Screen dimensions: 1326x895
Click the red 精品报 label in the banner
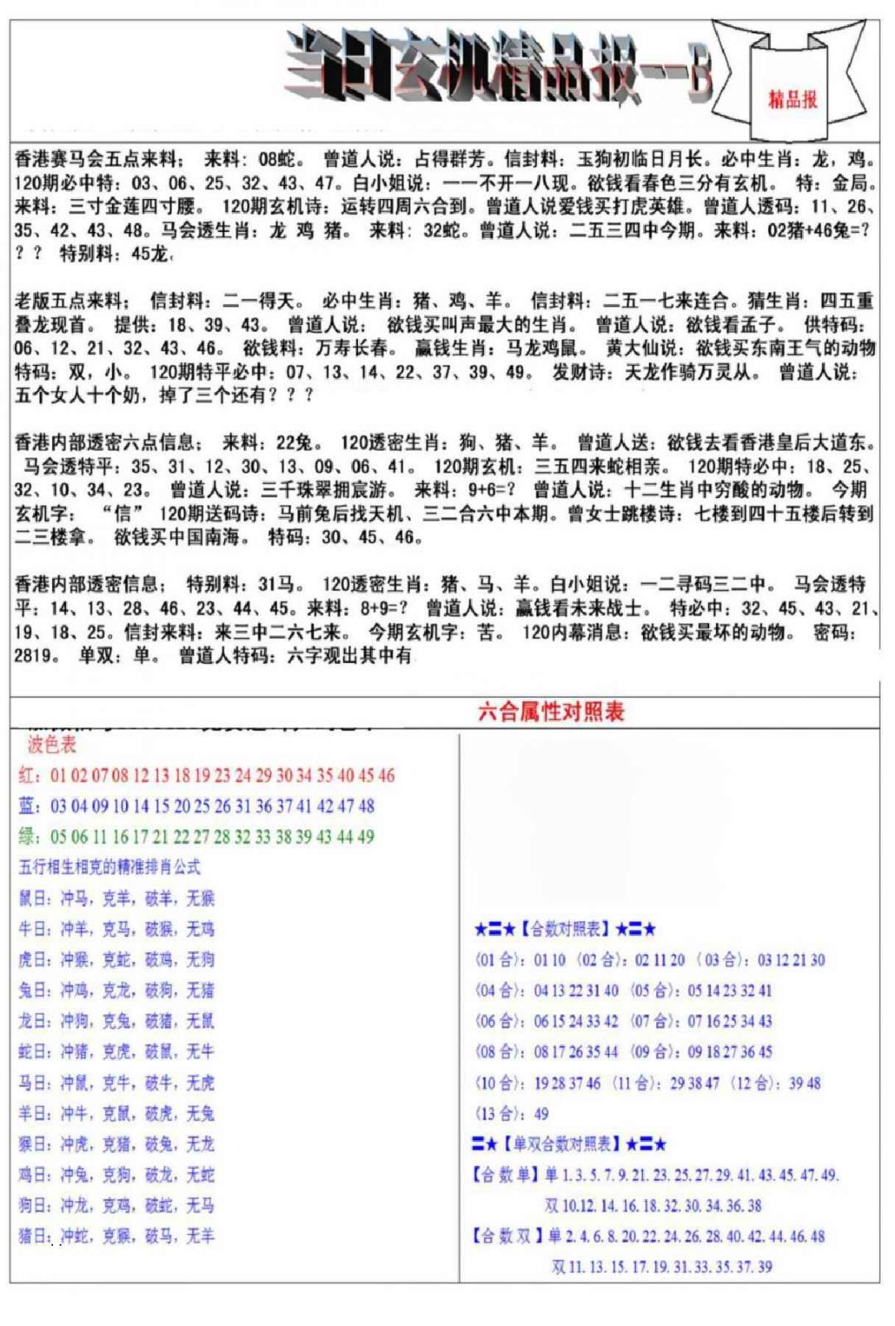point(792,99)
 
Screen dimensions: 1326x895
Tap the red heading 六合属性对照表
point(551,711)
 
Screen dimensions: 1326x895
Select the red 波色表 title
point(51,744)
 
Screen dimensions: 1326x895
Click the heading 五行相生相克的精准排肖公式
point(109,868)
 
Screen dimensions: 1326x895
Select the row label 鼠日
point(34,898)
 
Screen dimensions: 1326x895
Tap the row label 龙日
point(34,1021)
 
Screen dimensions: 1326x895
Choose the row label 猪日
point(34,1236)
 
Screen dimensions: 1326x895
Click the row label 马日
point(34,1082)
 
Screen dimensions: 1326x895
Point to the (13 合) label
point(501,1114)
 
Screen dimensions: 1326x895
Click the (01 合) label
point(501,961)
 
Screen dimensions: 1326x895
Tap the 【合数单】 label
point(506,1175)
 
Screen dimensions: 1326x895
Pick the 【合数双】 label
point(506,1236)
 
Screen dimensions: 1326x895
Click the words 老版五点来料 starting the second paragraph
point(70,301)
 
